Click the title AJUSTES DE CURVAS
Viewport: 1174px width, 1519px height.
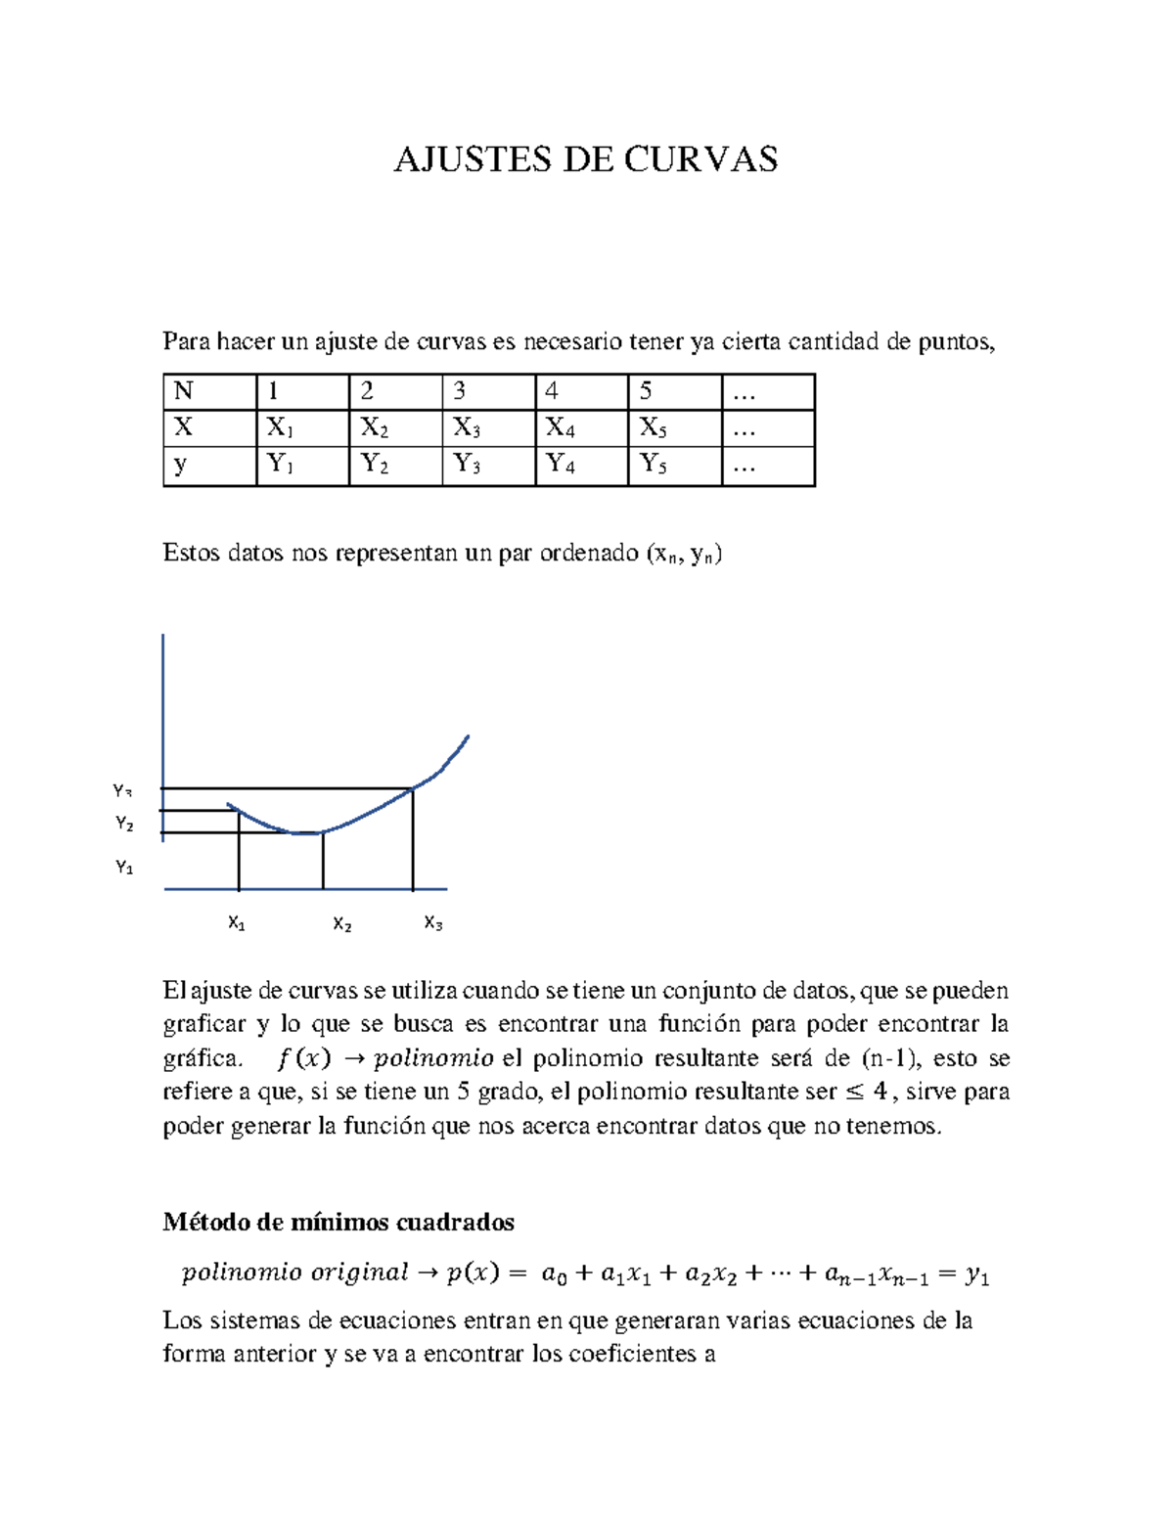click(585, 159)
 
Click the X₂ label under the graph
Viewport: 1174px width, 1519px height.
click(341, 924)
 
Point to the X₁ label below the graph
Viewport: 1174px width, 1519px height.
click(237, 923)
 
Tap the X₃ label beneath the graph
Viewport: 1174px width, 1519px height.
click(433, 923)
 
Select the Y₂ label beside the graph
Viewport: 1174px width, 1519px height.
click(124, 825)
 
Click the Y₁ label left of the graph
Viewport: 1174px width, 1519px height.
click(124, 868)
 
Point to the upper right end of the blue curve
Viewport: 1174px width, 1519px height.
click(468, 737)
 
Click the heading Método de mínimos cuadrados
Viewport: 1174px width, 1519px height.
click(339, 1222)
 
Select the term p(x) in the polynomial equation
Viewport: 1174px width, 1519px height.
click(473, 1273)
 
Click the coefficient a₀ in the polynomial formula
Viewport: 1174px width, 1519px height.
click(554, 1273)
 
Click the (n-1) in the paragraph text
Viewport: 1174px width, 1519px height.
click(890, 1058)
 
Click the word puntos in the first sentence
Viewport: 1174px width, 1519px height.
click(956, 342)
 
